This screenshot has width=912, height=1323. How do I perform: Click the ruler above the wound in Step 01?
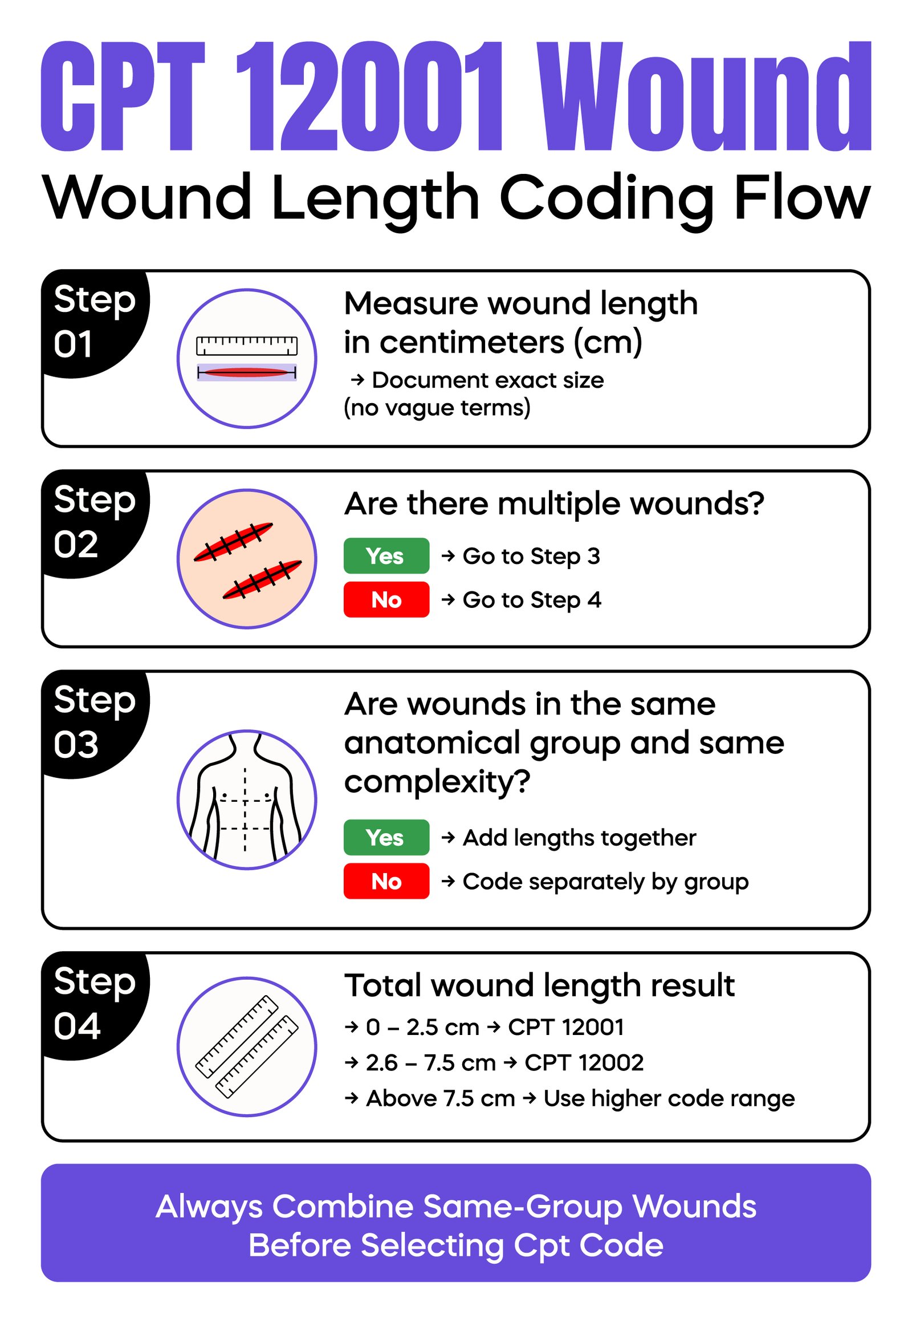pos(247,346)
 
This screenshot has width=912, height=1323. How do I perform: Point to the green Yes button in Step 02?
pos(386,556)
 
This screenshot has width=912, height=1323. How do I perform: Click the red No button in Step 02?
pos(386,600)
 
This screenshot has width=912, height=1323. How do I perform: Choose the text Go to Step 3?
pos(531,556)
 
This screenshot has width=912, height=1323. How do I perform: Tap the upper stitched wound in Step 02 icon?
pos(233,541)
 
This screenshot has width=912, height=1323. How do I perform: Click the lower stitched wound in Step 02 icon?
pos(262,579)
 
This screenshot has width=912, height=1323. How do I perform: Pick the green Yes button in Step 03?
pos(386,838)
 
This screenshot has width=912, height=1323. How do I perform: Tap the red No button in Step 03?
pos(386,881)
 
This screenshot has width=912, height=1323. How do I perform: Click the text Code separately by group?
pos(605,882)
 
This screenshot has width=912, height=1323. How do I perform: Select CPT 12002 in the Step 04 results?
pos(584,1062)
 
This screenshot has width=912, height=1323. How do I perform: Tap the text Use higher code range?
pos(669,1098)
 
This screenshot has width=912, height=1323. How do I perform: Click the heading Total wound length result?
pos(539,985)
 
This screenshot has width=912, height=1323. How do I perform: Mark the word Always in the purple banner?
pos(209,1206)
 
